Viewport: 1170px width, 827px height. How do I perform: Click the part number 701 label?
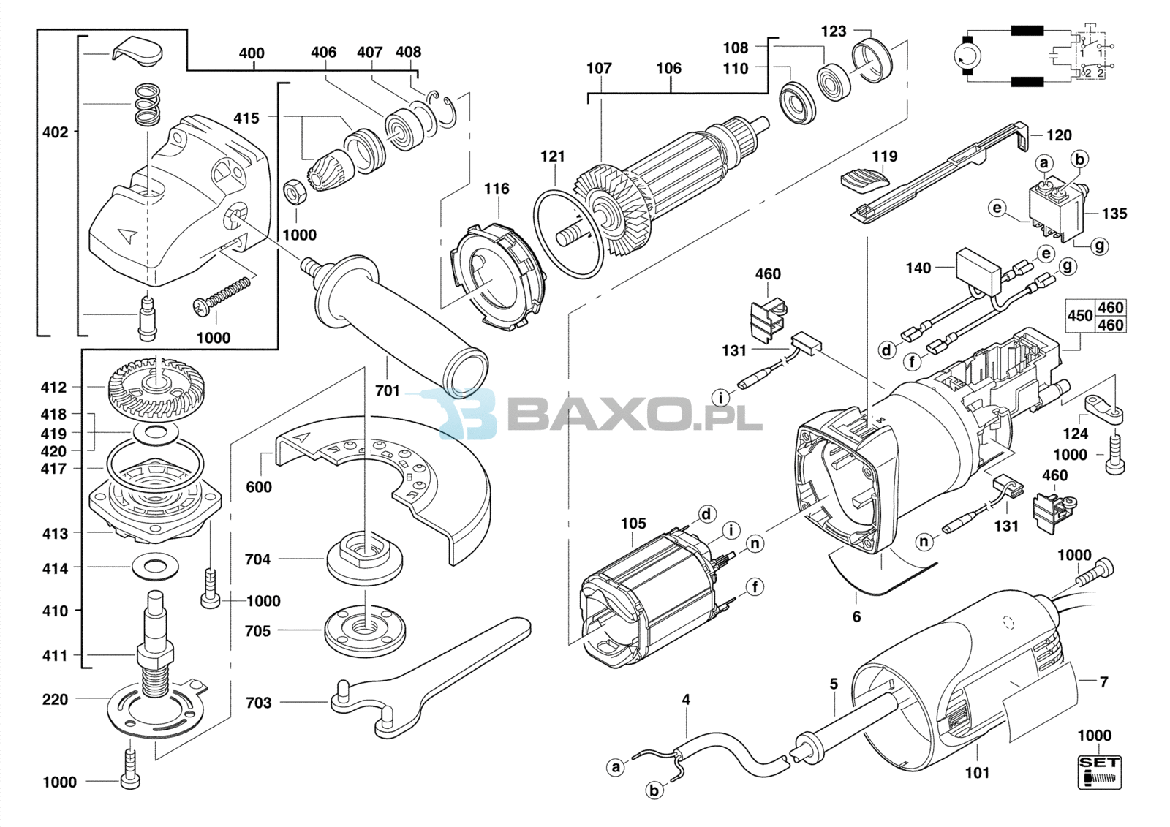point(387,390)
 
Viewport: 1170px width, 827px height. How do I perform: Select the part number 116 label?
point(497,189)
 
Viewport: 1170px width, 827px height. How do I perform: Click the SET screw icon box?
point(1099,772)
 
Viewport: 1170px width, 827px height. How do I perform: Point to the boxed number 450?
point(1080,316)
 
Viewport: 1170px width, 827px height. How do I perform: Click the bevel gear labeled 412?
point(156,387)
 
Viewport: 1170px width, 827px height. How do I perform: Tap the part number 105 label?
point(633,524)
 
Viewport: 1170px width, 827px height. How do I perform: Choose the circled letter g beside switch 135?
point(1100,246)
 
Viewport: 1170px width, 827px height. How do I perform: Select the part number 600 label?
point(259,487)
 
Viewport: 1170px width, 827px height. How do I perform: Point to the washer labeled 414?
point(155,566)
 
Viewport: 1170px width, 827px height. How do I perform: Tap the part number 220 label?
point(55,700)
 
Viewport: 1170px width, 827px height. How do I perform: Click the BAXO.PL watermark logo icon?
point(467,412)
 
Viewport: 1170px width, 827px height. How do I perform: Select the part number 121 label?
point(552,156)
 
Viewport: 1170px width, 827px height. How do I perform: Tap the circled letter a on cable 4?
point(616,768)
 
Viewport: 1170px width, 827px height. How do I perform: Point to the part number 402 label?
point(56,132)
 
